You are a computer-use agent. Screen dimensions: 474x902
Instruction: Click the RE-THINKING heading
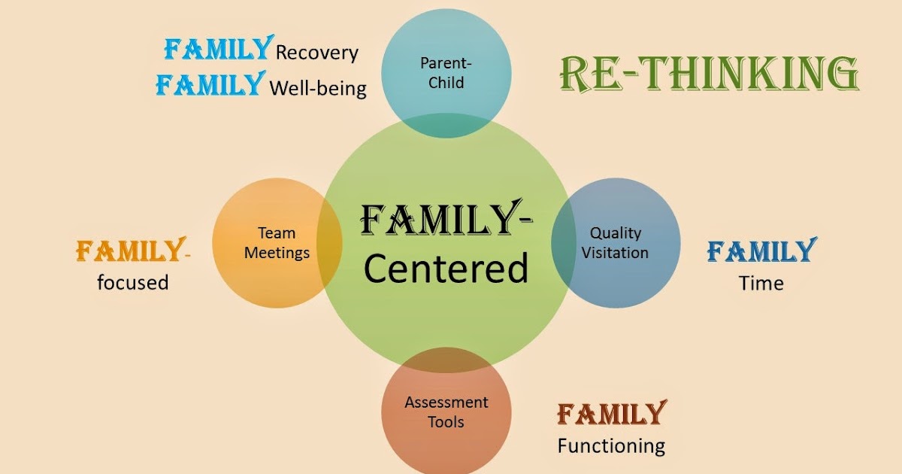tap(709, 75)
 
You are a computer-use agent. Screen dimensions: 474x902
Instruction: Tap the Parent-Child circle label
tap(446, 72)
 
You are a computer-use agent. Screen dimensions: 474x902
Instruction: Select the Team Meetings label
tap(277, 243)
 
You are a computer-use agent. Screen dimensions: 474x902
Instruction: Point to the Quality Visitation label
tap(615, 243)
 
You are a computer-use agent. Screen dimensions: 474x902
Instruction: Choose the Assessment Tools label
tap(446, 412)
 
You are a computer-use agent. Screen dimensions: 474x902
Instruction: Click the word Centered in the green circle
tap(446, 269)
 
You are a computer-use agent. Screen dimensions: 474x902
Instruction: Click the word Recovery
tap(316, 53)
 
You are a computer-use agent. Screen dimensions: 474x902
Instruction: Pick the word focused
tap(132, 283)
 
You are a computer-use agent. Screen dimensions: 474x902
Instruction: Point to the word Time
tap(761, 284)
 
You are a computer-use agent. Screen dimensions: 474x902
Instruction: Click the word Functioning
tap(610, 445)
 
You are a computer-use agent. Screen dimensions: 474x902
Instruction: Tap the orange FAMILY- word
tap(132, 251)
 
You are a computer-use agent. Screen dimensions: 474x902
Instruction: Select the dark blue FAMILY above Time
tap(761, 251)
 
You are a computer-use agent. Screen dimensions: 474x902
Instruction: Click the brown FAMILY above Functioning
tap(610, 414)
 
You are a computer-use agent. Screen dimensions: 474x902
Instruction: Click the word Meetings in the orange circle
tap(277, 253)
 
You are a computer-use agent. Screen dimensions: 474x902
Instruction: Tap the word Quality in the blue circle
tap(615, 233)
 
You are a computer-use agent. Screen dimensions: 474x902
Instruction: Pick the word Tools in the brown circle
tap(446, 422)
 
